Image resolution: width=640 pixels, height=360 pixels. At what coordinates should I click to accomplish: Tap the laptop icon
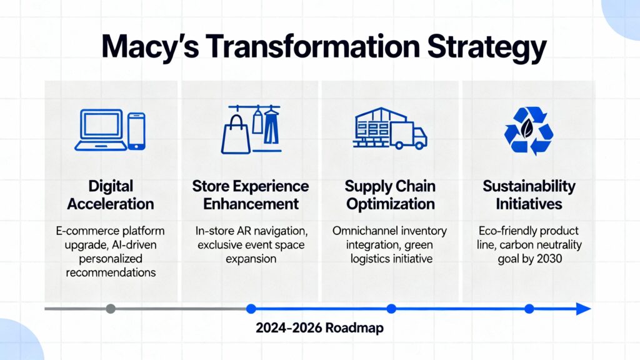[x=99, y=130]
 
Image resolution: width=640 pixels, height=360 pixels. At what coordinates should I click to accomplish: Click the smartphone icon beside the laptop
[x=136, y=131]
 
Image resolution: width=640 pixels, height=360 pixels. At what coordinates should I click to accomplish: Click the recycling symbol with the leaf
[x=528, y=130]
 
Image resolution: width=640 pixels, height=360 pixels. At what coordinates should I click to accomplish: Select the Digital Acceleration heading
[x=111, y=195]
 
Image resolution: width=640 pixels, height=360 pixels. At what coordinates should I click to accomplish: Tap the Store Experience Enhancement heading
[x=250, y=195]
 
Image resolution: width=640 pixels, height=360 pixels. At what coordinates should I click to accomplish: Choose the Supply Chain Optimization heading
[x=391, y=195]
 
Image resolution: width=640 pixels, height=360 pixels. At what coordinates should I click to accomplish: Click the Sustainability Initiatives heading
[x=529, y=195]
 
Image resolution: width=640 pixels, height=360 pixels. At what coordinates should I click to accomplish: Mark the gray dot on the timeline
[x=111, y=308]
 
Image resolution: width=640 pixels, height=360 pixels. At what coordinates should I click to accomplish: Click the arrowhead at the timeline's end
[x=584, y=308]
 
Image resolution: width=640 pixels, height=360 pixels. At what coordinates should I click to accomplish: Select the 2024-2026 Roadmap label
[x=320, y=329]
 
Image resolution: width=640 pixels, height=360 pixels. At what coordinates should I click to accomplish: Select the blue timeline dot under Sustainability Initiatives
[x=529, y=308]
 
